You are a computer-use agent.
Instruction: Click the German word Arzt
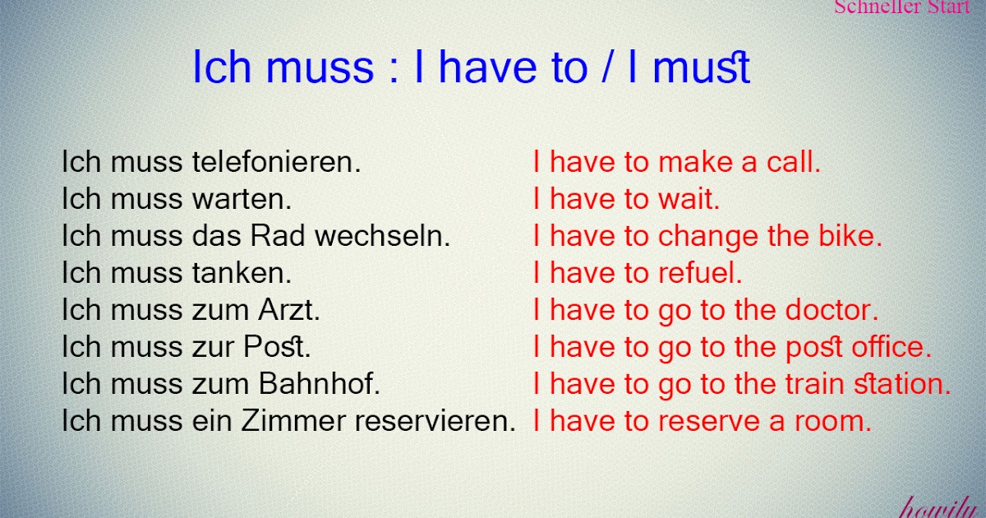(288, 311)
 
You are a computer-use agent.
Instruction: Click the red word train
(812, 383)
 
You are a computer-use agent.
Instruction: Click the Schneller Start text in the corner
(901, 7)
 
